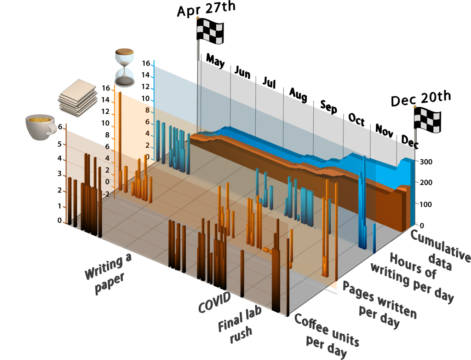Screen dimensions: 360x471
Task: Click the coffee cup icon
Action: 40,126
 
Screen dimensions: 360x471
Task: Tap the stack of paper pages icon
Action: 78,98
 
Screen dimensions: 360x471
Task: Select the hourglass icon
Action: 125,68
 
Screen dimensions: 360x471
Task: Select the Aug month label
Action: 298,95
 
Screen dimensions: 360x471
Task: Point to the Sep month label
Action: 328,107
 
